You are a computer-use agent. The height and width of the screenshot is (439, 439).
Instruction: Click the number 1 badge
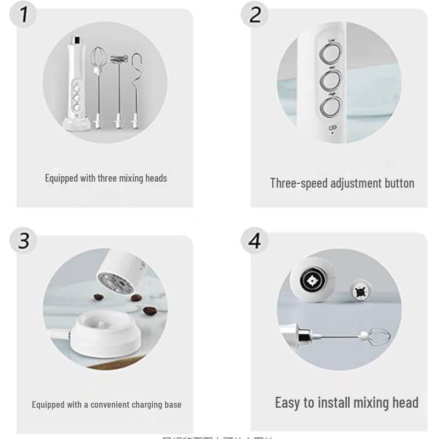coord(23,15)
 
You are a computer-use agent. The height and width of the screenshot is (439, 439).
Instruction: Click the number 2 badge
coord(255,15)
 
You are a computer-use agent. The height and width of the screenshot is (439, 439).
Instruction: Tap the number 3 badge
coord(23,240)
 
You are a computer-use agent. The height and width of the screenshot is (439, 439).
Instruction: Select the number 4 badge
coord(255,240)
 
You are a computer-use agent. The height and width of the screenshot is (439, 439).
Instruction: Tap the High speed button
coord(331,107)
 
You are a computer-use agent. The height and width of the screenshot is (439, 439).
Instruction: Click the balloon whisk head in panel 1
coord(98,58)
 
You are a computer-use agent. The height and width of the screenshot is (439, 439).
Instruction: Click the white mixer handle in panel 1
coord(76,82)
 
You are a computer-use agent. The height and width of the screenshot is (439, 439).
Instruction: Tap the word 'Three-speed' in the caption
coord(299,183)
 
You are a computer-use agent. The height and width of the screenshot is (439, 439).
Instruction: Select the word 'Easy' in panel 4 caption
coord(288,402)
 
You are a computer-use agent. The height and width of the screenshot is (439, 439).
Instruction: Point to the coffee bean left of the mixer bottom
coord(98,297)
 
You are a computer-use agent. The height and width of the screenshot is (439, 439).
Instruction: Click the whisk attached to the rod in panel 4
coord(375,335)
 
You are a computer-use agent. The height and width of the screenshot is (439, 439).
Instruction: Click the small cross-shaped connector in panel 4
coord(361,289)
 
